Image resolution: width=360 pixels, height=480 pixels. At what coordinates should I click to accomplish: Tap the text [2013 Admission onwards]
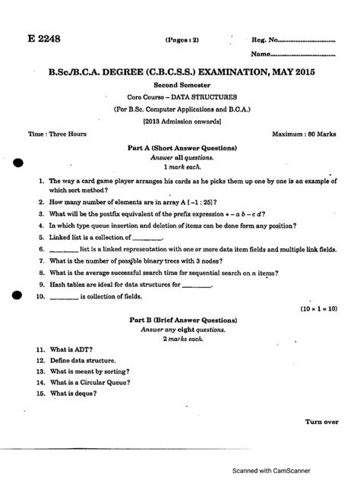click(181, 120)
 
